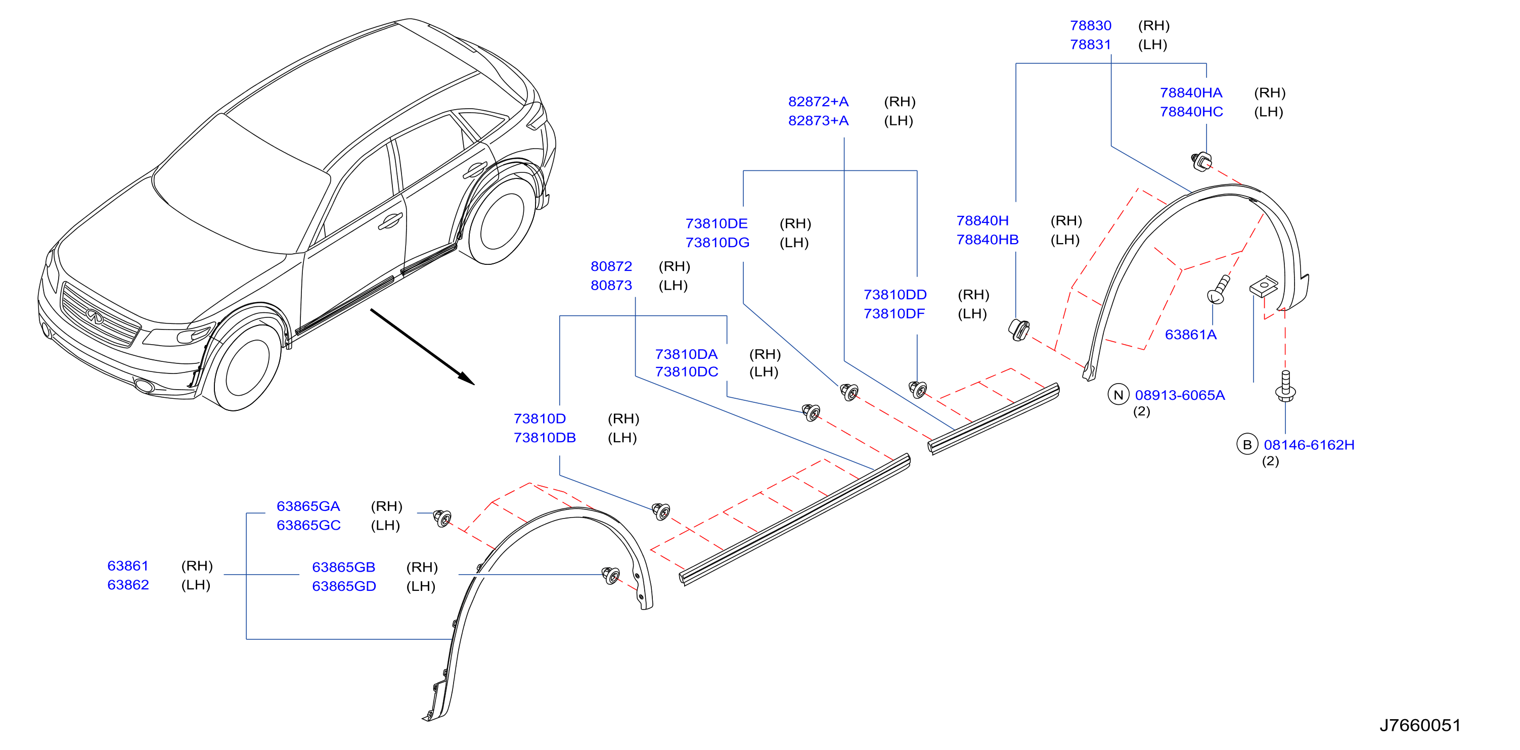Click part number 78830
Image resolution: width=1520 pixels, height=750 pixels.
(x=1090, y=26)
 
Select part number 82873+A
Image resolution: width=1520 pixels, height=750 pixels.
(x=819, y=121)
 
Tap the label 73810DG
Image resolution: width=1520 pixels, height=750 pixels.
(x=718, y=243)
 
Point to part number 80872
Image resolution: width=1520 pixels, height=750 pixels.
(x=611, y=266)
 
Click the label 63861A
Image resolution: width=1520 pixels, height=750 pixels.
(x=1191, y=335)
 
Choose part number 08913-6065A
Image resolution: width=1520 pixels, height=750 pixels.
(x=1180, y=395)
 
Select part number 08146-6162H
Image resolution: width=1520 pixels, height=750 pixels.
(x=1309, y=445)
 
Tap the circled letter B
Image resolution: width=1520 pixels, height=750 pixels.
(x=1247, y=445)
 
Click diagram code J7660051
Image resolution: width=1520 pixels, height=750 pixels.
(x=1420, y=725)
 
